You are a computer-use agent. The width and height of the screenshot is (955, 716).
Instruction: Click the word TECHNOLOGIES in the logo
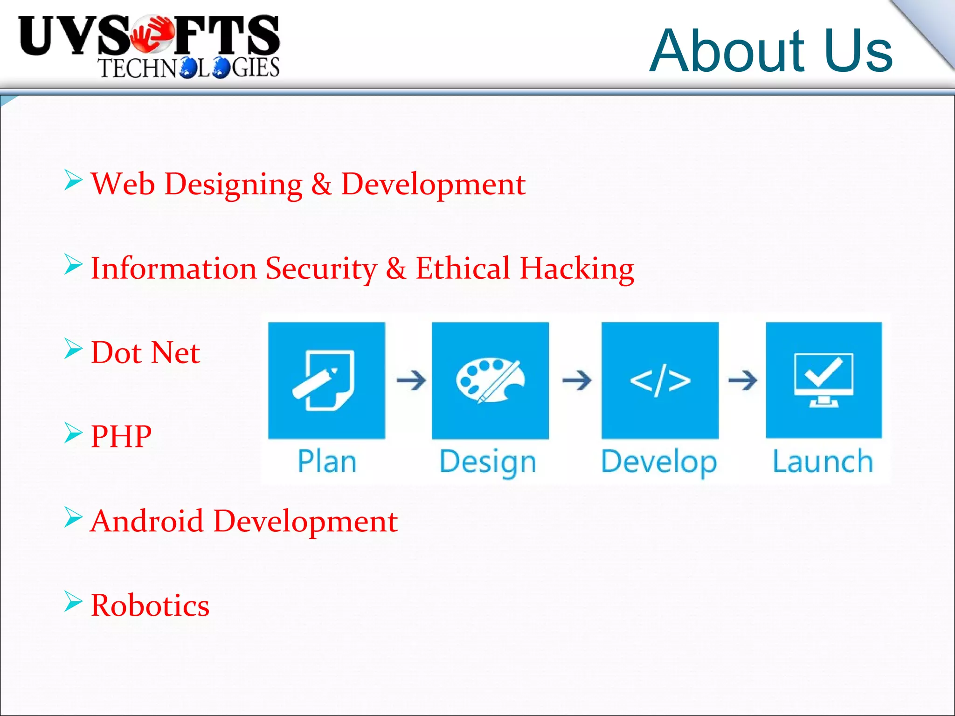coord(188,68)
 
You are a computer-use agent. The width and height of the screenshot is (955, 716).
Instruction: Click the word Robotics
coord(150,605)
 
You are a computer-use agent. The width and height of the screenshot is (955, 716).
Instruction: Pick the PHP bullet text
coord(121,436)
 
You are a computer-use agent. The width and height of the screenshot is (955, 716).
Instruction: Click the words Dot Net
coord(145,352)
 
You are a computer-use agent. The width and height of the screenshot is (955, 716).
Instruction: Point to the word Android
coord(147,521)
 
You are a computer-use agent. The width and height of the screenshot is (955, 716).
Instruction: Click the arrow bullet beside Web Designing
coord(73,180)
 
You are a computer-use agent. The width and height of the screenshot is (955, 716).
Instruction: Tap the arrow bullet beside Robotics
coord(73,601)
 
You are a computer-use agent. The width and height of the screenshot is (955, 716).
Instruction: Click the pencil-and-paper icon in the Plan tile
coord(324,380)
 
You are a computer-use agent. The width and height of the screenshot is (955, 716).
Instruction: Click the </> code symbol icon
coord(660,380)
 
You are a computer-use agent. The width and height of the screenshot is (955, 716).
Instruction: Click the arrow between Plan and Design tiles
coord(411,380)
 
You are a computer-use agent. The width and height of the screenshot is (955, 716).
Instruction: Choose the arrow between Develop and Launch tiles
coord(743,380)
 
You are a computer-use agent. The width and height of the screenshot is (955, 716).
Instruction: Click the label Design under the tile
coord(488,462)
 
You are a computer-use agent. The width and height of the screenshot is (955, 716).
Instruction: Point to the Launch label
coord(823,461)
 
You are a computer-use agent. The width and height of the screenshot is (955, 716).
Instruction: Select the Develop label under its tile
coord(658,462)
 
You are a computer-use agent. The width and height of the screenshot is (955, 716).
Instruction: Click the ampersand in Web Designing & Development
coord(321,184)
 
